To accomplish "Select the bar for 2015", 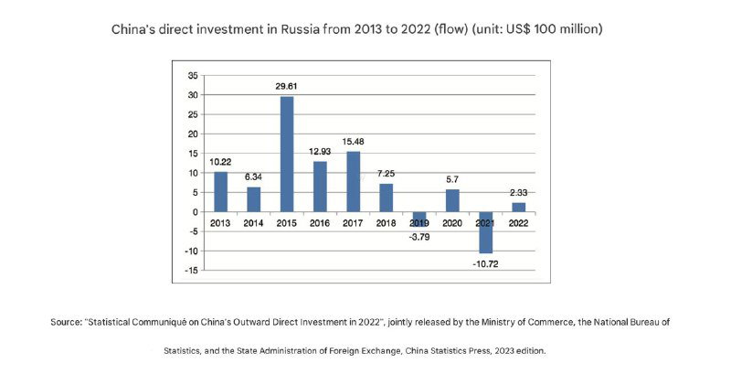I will click(x=286, y=154).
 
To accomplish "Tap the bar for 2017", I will click(x=353, y=181).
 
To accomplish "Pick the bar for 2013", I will click(x=220, y=192).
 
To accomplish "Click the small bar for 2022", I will click(x=518, y=208).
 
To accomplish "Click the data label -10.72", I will click(x=487, y=264).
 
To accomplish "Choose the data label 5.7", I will click(x=453, y=179).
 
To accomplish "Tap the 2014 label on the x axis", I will click(x=253, y=223).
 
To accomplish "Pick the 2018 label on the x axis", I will click(x=386, y=223).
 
